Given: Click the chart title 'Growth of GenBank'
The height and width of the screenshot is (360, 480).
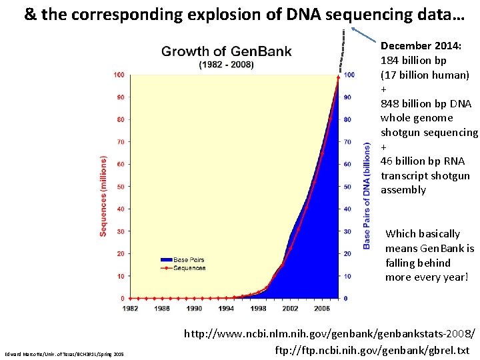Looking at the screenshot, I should (x=226, y=51).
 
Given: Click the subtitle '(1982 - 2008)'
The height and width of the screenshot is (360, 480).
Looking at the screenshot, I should (x=226, y=64).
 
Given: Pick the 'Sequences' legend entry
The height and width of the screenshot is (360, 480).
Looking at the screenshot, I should (x=189, y=267).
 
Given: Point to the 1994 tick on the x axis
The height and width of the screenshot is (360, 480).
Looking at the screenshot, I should (x=226, y=309).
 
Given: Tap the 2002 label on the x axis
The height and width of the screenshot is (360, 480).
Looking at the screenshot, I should (x=290, y=309).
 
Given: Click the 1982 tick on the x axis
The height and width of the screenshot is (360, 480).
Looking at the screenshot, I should (x=131, y=309).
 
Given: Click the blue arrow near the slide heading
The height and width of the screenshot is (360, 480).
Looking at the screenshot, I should (x=365, y=34).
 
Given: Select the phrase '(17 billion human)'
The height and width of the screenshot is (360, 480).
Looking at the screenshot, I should (x=425, y=75).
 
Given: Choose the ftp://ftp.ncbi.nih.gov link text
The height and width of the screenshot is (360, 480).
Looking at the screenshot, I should (x=372, y=350).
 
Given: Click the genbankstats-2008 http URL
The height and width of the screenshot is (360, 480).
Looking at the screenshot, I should (x=330, y=333).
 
